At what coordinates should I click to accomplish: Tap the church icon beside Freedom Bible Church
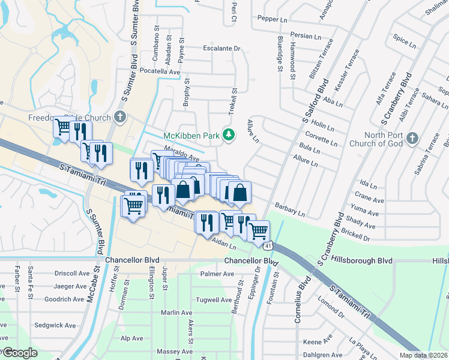coord(120,116)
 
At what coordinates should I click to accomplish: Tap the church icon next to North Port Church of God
coord(411,139)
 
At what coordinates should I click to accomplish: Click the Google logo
coord(20,353)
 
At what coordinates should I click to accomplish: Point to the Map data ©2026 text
coord(424,355)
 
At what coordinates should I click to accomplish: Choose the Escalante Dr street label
coord(221,48)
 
